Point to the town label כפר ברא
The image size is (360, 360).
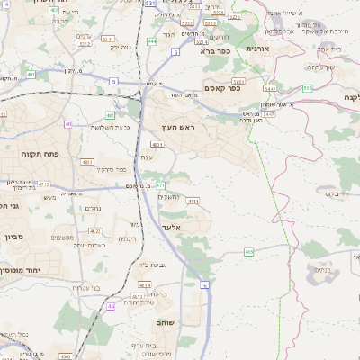[x=216, y=51]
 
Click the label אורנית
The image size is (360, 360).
[x=257, y=48]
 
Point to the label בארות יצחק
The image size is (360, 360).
[x=89, y=245]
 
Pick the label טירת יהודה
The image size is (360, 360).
[x=148, y=302]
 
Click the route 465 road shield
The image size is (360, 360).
[x=248, y=252]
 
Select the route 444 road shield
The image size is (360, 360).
[x=152, y=40]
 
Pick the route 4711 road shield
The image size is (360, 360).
[x=193, y=202]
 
